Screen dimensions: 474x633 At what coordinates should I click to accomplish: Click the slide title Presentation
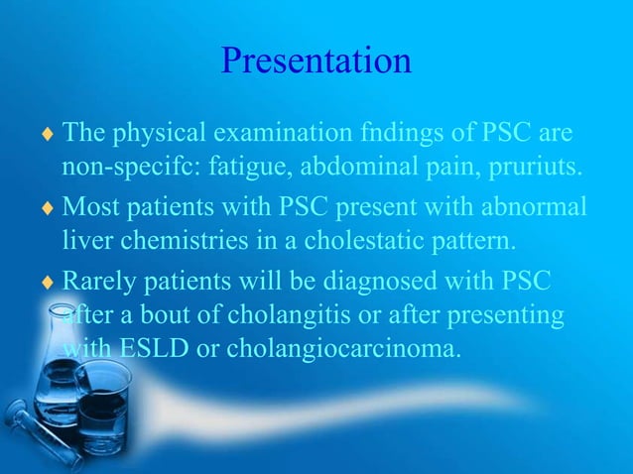click(x=316, y=61)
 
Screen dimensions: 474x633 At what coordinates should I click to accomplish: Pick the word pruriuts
click(x=529, y=163)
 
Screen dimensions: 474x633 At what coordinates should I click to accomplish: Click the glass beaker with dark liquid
click(x=102, y=407)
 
